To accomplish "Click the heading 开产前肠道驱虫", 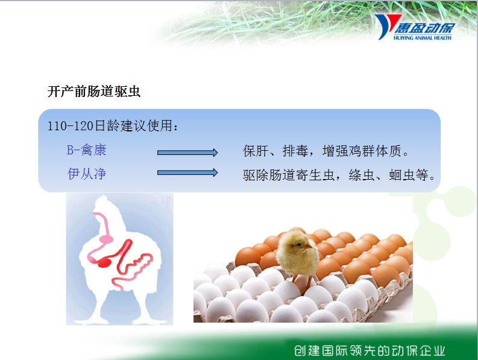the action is (94, 91).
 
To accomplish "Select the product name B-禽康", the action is (87, 150).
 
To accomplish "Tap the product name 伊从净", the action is (87, 174).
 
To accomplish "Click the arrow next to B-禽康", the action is (187, 152).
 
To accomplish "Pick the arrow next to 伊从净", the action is (187, 172).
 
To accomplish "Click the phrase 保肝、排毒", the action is (275, 151).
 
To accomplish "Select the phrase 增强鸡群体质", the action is (362, 151).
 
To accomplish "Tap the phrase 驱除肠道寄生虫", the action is (289, 175).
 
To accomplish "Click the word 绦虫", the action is (362, 175).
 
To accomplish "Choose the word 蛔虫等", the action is (409, 175).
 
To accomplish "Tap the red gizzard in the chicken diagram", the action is (104, 262).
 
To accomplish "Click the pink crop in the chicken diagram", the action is (105, 239).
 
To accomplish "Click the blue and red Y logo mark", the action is (386, 27).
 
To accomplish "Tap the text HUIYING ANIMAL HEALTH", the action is (422, 38).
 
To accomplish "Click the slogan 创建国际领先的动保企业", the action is (370, 351).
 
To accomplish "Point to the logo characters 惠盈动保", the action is (424, 28).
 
